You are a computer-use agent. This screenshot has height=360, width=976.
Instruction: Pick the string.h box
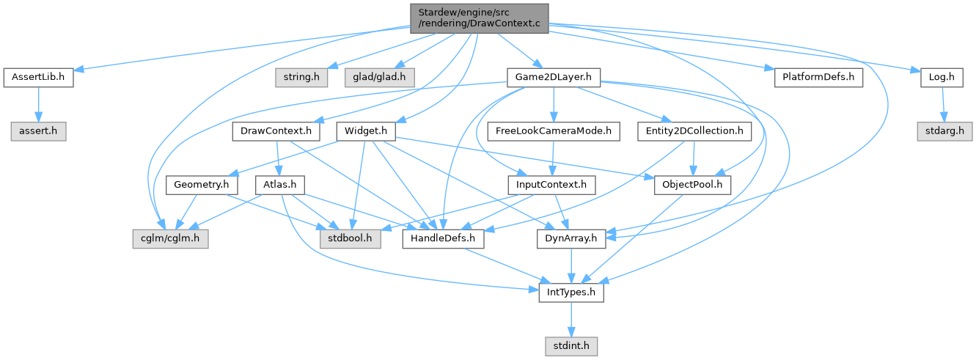[x=302, y=77]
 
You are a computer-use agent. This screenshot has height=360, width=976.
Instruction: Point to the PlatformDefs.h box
[x=818, y=77]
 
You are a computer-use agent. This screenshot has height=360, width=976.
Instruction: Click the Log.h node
[x=942, y=77]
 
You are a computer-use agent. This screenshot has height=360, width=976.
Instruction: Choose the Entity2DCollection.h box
[x=694, y=131]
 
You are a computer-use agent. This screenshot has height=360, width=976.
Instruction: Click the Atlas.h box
[x=279, y=185]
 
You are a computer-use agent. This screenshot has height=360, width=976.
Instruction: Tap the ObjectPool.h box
[x=691, y=185]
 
